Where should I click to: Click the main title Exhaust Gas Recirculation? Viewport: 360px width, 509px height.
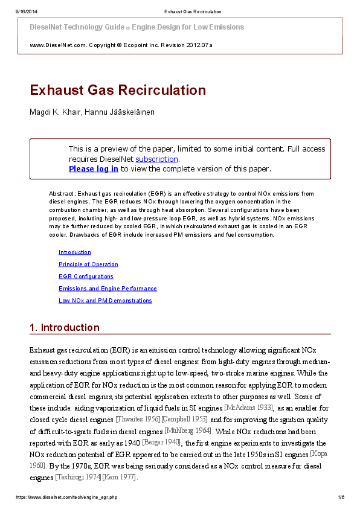pyautogui.click(x=118, y=91)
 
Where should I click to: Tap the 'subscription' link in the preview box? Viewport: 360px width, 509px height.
pyautogui.click(x=156, y=159)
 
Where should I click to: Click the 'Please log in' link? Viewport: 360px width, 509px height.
pyautogui.click(x=93, y=169)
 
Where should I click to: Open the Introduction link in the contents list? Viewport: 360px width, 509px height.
pyautogui.click(x=75, y=252)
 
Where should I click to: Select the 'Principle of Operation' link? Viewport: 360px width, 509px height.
pyautogui.click(x=88, y=264)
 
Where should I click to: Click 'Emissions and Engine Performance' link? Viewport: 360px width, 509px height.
pyautogui.click(x=108, y=289)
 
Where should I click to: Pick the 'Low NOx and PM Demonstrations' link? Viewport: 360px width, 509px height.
pyautogui.click(x=105, y=301)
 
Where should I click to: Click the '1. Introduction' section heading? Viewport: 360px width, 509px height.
pyautogui.click(x=65, y=328)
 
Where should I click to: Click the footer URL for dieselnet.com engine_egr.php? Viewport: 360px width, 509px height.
pyautogui.click(x=66, y=498)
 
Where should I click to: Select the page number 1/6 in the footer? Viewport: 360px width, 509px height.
pyautogui.click(x=341, y=498)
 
